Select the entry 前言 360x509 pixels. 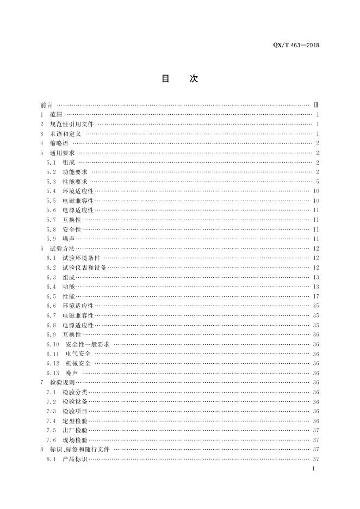click(46, 105)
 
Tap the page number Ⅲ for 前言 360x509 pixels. click(316, 105)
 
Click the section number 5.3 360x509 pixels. click(51, 182)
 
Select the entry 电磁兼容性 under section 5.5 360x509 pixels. click(78, 201)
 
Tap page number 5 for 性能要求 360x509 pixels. click(316, 182)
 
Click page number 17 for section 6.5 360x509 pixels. click(315, 296)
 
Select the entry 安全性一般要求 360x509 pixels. click(88, 344)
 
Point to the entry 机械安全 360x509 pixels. click(78, 363)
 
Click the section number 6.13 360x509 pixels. click(53, 373)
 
